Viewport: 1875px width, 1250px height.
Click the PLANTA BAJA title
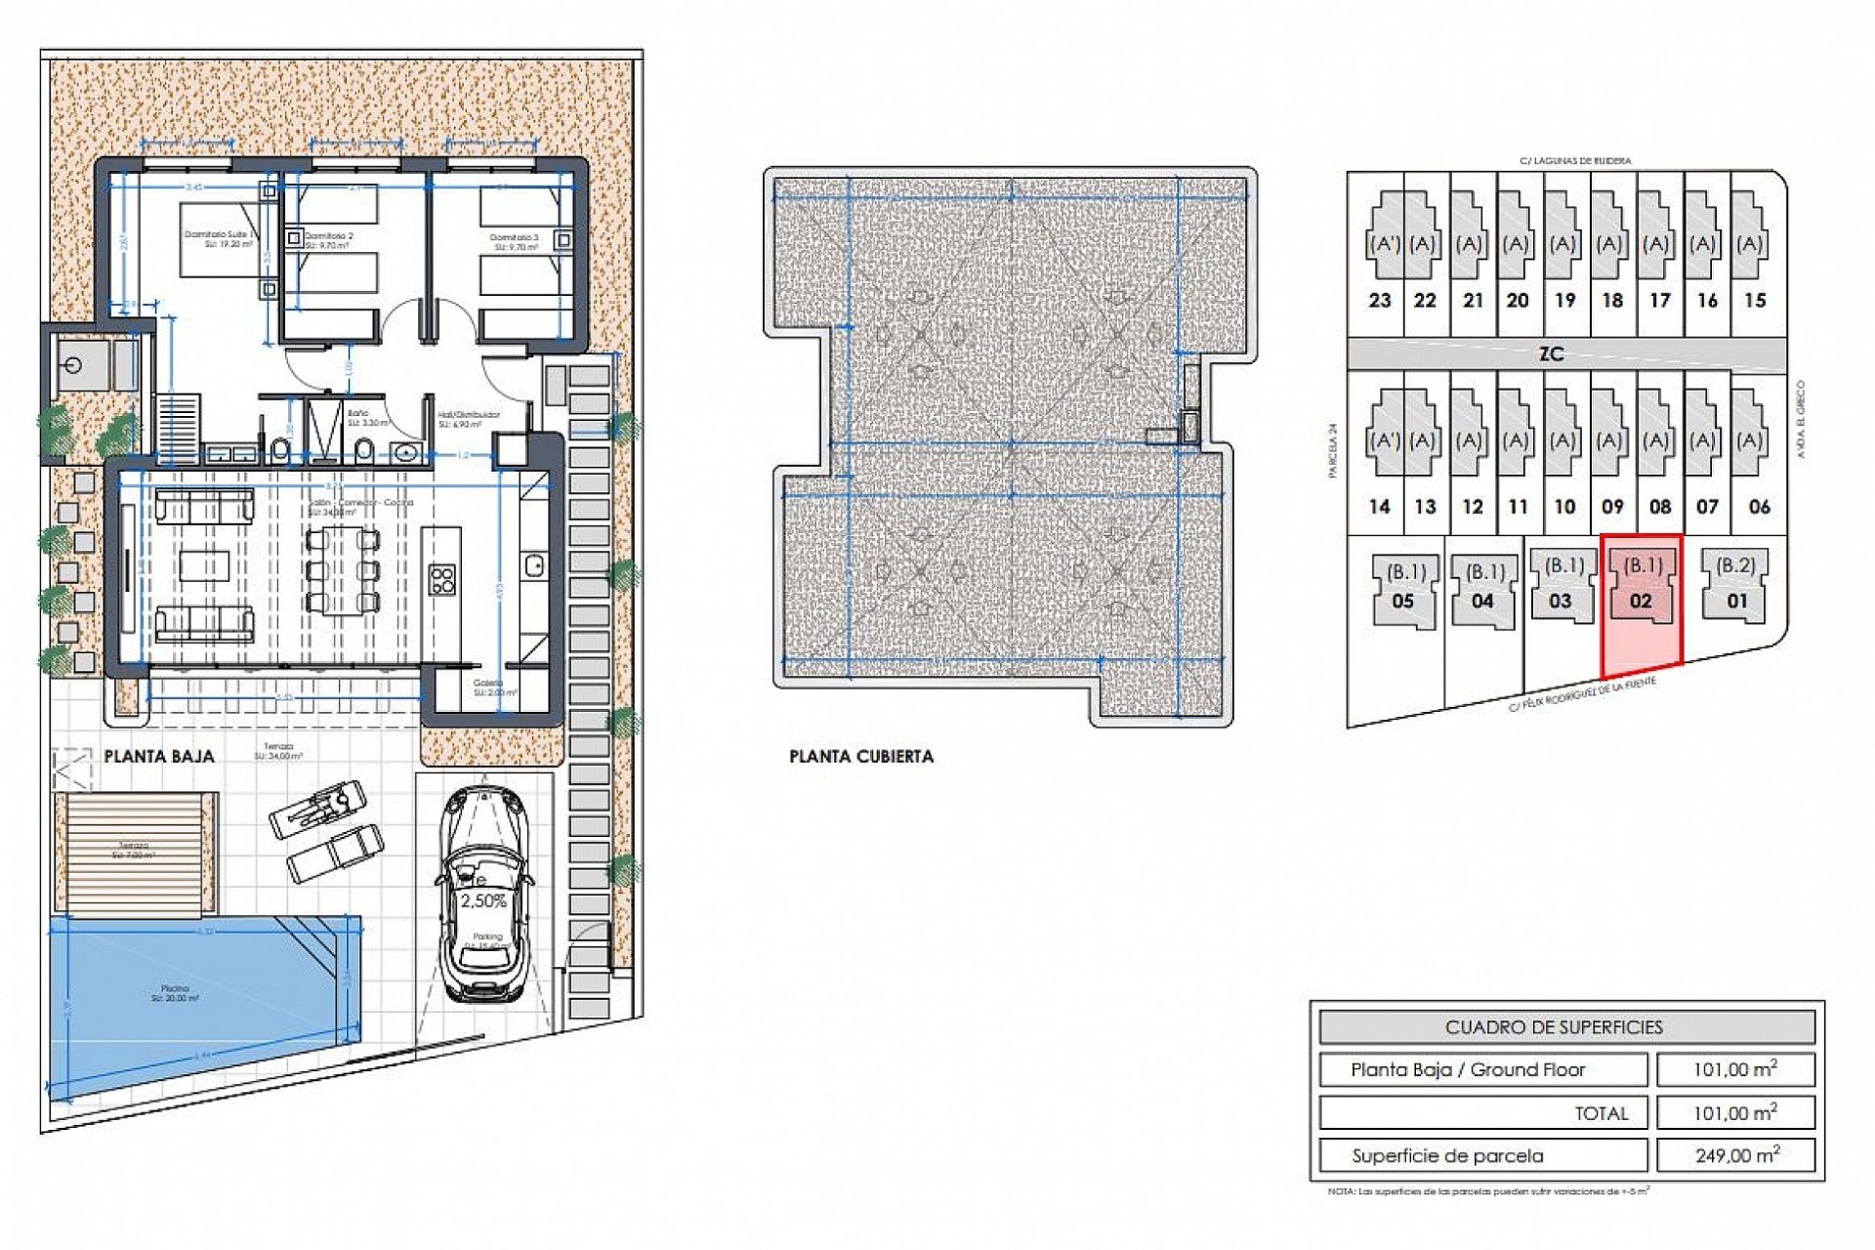click(x=159, y=756)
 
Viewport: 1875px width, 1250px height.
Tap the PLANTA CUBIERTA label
click(x=860, y=756)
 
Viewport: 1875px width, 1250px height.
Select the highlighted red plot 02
click(x=1642, y=605)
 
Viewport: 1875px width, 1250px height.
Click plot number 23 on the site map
click(x=1379, y=301)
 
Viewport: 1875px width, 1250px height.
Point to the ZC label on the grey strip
click(x=1551, y=354)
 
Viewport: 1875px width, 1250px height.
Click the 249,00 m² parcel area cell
click(x=1735, y=1155)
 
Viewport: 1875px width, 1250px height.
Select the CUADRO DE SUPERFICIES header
click(x=1566, y=1027)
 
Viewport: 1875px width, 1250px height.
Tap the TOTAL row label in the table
click(x=1602, y=1113)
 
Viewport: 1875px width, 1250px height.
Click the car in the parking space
click(x=485, y=894)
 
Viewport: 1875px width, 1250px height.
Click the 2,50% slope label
click(x=483, y=901)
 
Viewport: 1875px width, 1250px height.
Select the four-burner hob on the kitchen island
click(x=441, y=579)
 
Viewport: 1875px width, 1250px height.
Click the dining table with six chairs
click(x=342, y=569)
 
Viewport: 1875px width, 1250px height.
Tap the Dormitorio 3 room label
click(x=515, y=237)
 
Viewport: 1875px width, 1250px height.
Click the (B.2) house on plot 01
click(x=1735, y=584)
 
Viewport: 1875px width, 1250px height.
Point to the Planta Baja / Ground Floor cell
click(x=1481, y=1070)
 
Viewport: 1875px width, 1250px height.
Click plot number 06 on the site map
click(x=1759, y=507)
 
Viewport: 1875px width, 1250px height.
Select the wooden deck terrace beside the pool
click(x=134, y=853)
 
